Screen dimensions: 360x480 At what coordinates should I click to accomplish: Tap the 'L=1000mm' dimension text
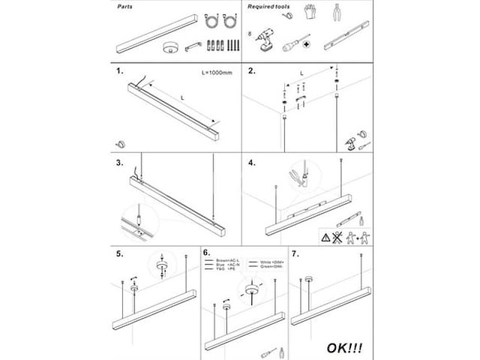point(217,73)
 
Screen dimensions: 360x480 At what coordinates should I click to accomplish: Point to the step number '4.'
point(252,163)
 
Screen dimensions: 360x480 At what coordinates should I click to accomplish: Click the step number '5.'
point(119,253)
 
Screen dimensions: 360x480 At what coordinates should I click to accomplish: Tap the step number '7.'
point(295,253)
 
